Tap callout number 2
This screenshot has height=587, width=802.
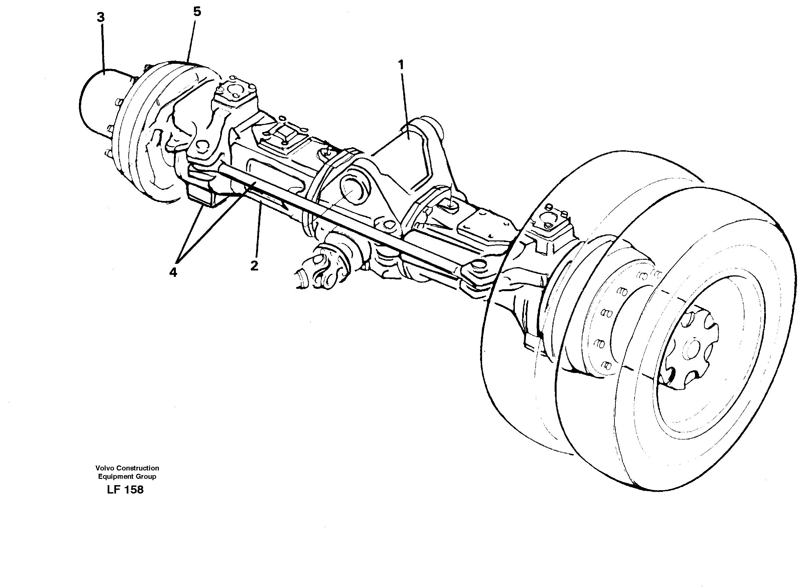point(254,265)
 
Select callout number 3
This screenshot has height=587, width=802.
point(101,17)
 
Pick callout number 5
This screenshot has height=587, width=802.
point(197,12)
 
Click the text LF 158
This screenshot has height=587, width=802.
point(125,490)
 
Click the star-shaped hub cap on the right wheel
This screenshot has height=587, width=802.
point(690,350)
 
